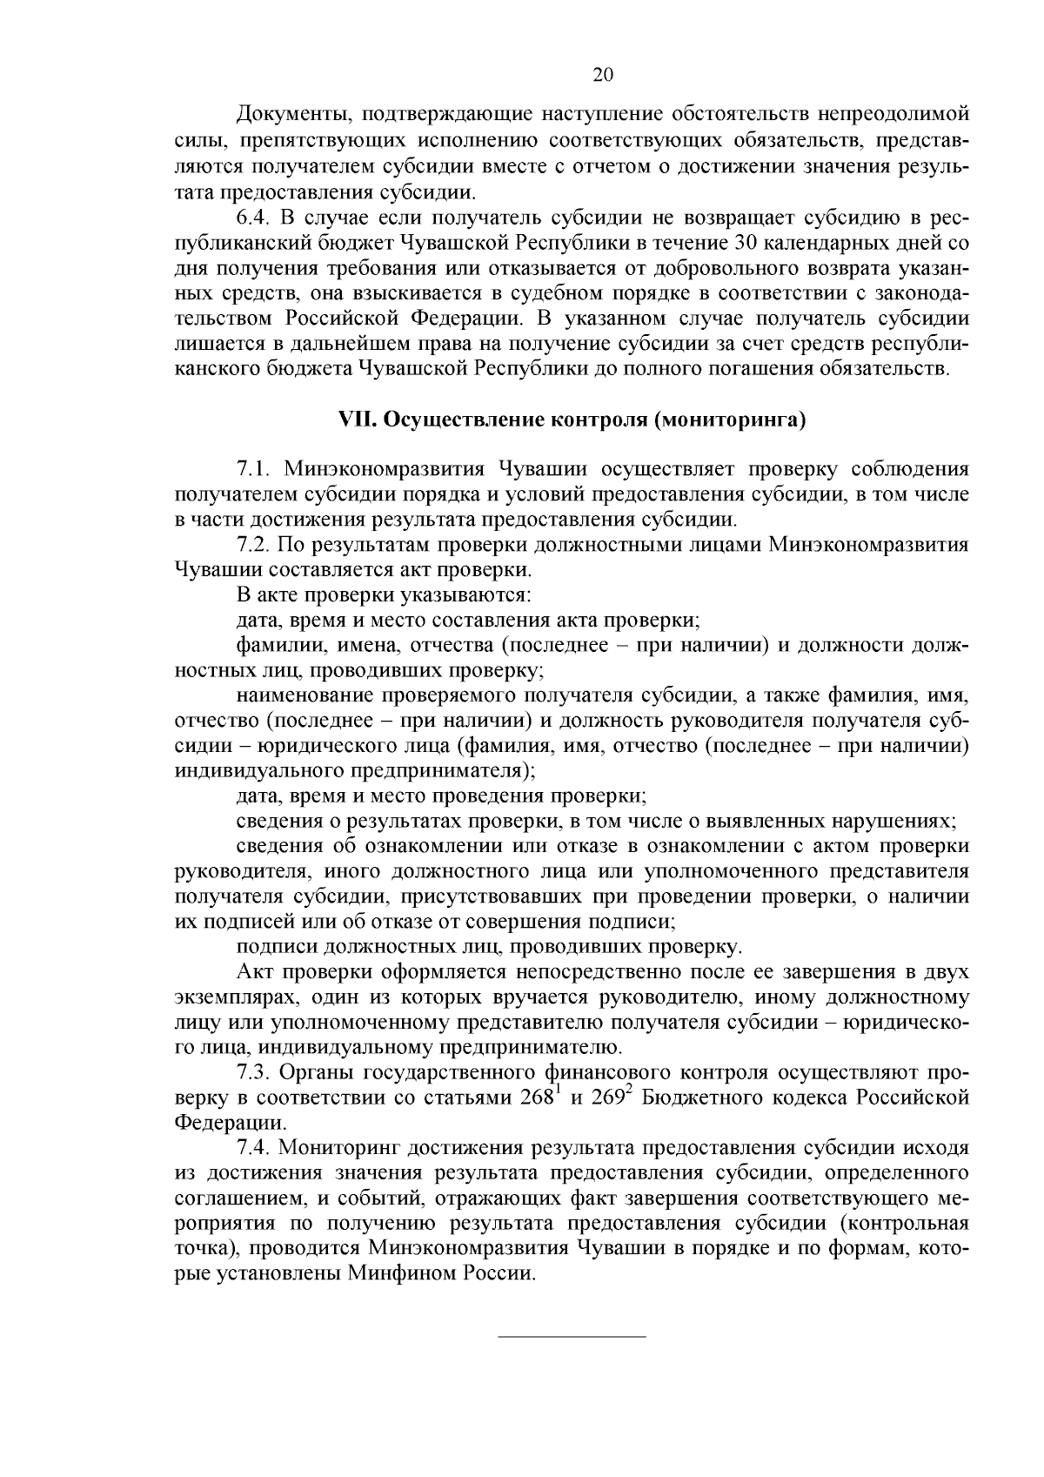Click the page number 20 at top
(603, 76)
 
